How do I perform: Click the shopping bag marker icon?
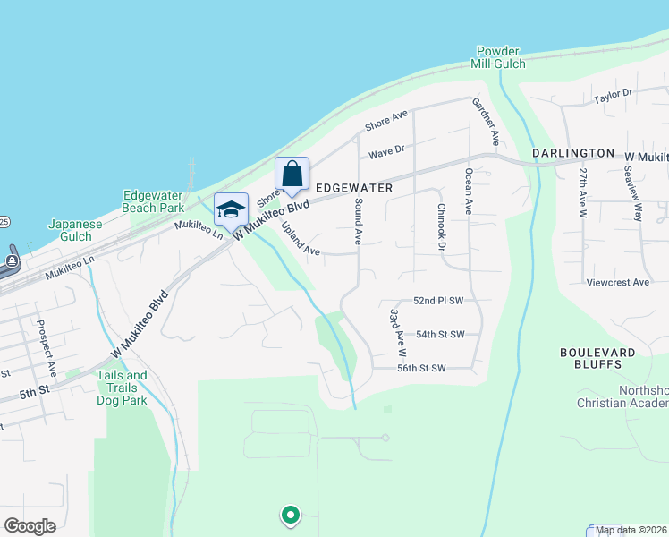click(292, 175)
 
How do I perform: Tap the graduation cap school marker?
click(231, 210)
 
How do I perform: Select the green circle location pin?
click(290, 515)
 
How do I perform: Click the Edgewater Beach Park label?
click(153, 201)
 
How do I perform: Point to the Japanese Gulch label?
click(70, 230)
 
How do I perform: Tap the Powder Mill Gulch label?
click(498, 57)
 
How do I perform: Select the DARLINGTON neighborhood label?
click(573, 154)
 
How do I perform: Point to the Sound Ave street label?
click(357, 223)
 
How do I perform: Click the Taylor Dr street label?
click(613, 93)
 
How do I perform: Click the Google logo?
click(30, 526)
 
